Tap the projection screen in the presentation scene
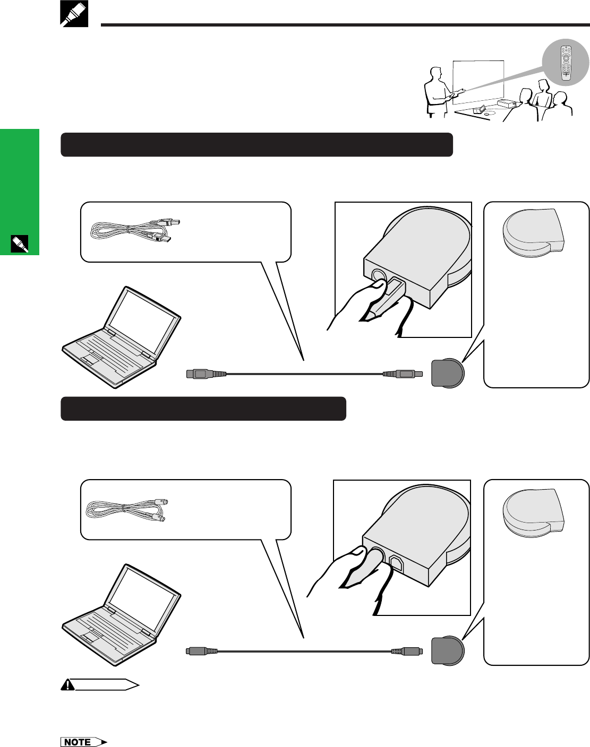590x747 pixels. coord(478,82)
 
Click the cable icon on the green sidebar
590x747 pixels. coord(20,244)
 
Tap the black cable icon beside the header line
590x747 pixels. coord(74,14)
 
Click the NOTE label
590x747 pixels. coord(84,742)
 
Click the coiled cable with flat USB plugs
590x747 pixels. coord(135,230)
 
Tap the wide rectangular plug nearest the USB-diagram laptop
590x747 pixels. coord(206,374)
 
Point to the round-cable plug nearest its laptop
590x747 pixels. coord(201,651)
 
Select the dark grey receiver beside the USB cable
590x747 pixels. coord(448,373)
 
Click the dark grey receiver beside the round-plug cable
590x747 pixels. coord(448,651)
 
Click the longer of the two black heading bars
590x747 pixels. coord(257,145)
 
